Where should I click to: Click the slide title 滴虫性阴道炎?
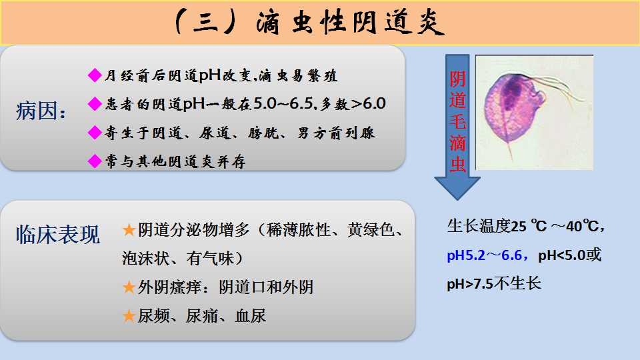(350, 23)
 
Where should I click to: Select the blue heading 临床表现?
(58, 235)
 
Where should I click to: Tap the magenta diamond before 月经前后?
(95, 75)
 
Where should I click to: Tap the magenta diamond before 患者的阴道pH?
(95, 104)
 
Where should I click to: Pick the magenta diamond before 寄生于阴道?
(95, 132)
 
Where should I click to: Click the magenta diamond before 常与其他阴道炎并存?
(95, 161)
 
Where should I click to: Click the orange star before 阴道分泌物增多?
(129, 230)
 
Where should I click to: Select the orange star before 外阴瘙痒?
(129, 287)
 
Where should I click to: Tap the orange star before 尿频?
(129, 316)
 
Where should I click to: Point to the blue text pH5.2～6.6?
(485, 255)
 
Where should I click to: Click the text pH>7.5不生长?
(494, 283)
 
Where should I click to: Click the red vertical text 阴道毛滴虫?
(457, 121)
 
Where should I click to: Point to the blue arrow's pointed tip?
(457, 200)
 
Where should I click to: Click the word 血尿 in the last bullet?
(250, 316)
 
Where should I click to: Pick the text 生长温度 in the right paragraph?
(479, 226)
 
